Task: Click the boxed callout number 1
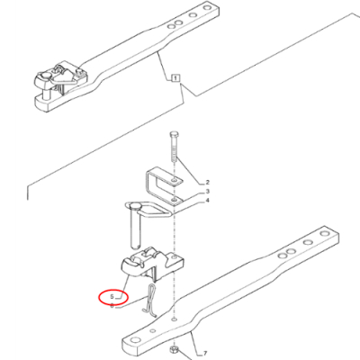point(175,78)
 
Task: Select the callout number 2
point(208,182)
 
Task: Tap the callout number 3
point(207,192)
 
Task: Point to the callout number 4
point(207,201)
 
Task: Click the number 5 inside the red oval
point(112,297)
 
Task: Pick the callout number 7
point(205,354)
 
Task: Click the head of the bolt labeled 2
point(175,134)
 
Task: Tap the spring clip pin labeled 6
point(151,300)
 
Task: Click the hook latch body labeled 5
point(151,263)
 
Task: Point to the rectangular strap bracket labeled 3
point(165,186)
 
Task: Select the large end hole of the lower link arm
point(135,340)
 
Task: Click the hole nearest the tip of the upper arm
point(206,7)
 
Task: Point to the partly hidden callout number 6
point(112,306)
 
